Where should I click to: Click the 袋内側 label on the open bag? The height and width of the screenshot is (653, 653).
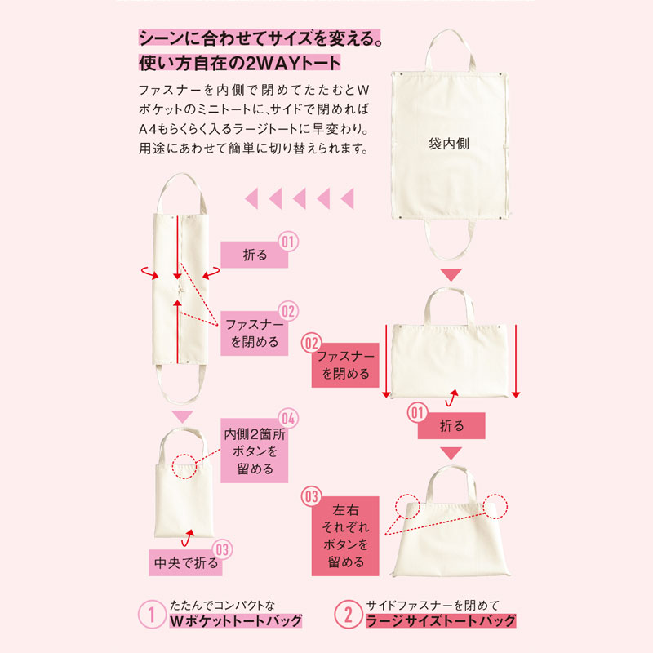point(448,144)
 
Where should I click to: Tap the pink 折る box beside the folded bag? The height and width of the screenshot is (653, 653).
point(254,255)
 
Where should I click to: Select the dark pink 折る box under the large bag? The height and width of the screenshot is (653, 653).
point(451,425)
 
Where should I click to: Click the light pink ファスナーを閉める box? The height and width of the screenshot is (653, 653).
point(254,333)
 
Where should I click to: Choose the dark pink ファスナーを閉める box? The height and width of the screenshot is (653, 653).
point(345,365)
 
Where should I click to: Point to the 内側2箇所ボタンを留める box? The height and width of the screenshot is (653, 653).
point(254,451)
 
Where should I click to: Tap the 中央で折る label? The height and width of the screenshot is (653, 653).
point(186,562)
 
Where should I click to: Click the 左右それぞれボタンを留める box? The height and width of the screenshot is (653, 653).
point(345,536)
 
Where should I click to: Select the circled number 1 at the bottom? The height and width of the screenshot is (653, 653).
point(152,614)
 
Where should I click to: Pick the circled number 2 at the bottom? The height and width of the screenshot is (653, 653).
point(348,614)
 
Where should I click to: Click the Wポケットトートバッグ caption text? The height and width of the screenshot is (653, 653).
point(236,620)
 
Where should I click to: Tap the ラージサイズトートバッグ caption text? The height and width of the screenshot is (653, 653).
point(441,620)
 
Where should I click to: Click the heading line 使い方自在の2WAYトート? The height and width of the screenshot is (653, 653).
point(239,63)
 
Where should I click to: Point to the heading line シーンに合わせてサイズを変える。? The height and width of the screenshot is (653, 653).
point(260,38)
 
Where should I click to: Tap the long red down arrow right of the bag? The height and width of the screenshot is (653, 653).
point(516,361)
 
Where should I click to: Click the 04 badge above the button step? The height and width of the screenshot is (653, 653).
point(288,418)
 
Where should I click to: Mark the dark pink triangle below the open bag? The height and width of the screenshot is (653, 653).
point(451,275)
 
